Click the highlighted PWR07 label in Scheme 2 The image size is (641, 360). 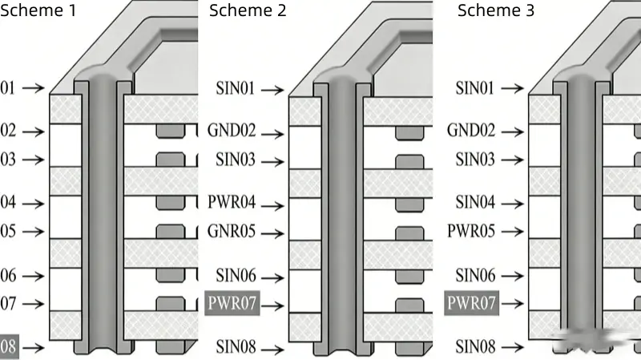tap(233, 304)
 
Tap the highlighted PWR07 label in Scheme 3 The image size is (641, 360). tap(472, 304)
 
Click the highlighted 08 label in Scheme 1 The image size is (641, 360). tap(8, 347)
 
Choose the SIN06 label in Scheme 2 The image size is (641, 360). tap(236, 276)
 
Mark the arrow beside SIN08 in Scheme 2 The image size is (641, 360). tap(272, 348)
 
